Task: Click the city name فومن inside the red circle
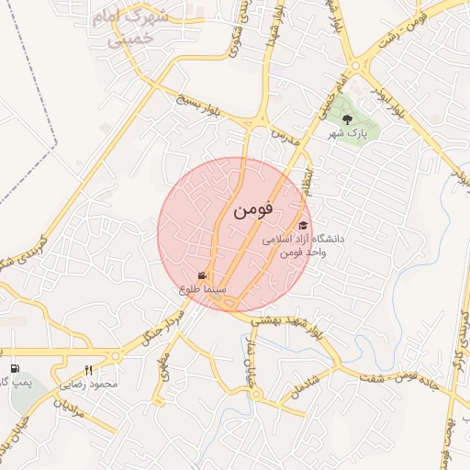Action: pyautogui.click(x=254, y=210)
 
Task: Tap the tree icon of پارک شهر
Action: pyautogui.click(x=347, y=118)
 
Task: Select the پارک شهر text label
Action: pyautogui.click(x=349, y=134)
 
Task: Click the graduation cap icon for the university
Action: pyautogui.click(x=302, y=225)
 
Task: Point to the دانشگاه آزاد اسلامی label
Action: pyautogui.click(x=303, y=239)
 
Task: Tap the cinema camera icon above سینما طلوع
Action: pyautogui.click(x=202, y=275)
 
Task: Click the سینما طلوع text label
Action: pyautogui.click(x=203, y=290)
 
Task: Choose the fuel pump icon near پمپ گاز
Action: pyautogui.click(x=14, y=354)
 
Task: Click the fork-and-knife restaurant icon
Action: pyautogui.click(x=89, y=370)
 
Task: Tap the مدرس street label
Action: pyautogui.click(x=285, y=138)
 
